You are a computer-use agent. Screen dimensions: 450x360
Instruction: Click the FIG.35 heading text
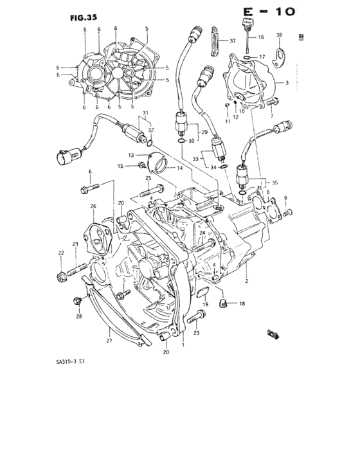(83, 19)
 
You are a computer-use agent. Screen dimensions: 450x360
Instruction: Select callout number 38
(279, 34)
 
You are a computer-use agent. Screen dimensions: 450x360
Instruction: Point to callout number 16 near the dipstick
(261, 38)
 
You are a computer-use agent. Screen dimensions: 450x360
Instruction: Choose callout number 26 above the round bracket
(93, 206)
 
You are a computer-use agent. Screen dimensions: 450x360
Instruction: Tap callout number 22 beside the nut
(62, 252)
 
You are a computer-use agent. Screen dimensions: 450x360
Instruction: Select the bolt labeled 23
(197, 315)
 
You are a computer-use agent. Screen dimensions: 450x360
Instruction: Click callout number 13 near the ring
(130, 156)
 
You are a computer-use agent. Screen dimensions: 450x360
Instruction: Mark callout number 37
(232, 40)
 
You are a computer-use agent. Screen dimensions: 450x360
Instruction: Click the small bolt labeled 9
(289, 212)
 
